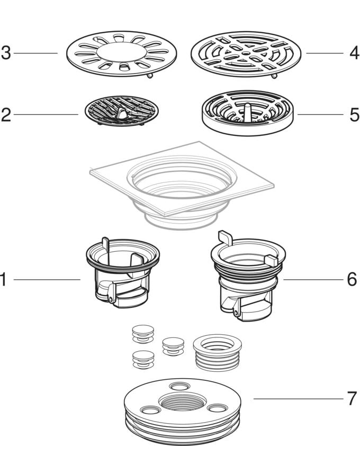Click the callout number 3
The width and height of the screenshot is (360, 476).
[x=6, y=53]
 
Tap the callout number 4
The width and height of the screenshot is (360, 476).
[x=354, y=53]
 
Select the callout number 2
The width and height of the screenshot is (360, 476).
[x=6, y=115]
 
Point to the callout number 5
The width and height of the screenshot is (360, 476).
[x=354, y=115]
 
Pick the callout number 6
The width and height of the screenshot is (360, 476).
[x=352, y=279]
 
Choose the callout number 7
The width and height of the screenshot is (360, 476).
[x=352, y=398]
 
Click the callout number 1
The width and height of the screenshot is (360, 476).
[x=3, y=279]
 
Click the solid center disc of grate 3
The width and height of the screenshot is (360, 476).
[x=121, y=51]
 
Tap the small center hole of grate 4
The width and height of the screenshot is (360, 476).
[x=246, y=53]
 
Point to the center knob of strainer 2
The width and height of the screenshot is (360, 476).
[x=122, y=113]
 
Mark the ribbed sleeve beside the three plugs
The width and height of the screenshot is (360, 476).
[x=217, y=353]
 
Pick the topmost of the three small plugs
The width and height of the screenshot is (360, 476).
[x=143, y=333]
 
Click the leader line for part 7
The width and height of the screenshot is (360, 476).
[x=299, y=399]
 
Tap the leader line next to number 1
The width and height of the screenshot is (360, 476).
[x=47, y=280]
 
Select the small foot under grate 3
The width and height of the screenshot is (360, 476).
[x=149, y=76]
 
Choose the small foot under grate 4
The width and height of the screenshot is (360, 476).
[x=274, y=76]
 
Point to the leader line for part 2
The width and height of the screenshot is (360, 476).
[x=46, y=114]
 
